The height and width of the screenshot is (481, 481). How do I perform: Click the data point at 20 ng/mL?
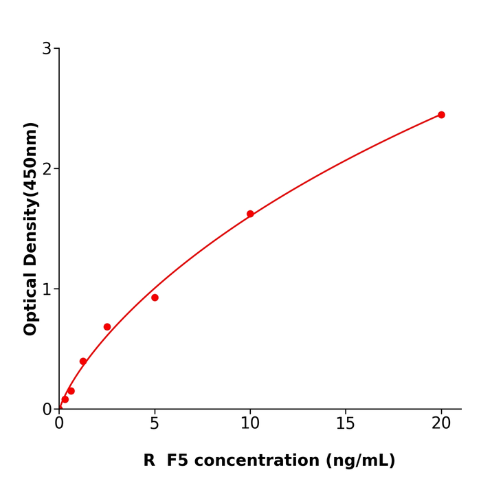tap(441, 115)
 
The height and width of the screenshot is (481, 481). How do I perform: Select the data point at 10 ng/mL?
tap(250, 214)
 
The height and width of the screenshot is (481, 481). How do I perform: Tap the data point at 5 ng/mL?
tap(155, 298)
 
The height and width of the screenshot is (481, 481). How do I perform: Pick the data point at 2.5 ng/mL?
tap(107, 327)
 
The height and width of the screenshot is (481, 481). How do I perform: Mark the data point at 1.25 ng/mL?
tap(83, 361)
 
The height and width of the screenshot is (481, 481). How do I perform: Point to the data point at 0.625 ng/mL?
tap(71, 391)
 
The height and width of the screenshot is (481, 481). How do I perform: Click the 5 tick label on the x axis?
tap(155, 424)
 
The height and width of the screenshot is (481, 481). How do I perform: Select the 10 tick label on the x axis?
tap(250, 424)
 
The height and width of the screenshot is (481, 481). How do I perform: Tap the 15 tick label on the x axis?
tap(346, 424)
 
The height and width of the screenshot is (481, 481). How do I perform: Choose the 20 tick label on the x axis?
tap(441, 424)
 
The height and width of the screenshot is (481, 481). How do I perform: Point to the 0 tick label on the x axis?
tap(59, 424)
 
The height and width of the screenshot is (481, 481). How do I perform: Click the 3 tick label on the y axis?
tap(47, 49)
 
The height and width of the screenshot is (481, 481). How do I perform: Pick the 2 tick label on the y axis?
tap(47, 169)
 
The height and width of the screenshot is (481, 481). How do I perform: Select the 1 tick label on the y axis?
tap(47, 289)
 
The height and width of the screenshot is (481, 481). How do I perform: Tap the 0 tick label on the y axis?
tap(47, 410)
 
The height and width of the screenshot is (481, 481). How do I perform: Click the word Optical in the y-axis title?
tap(31, 303)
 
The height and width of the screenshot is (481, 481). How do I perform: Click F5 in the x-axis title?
tap(177, 460)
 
